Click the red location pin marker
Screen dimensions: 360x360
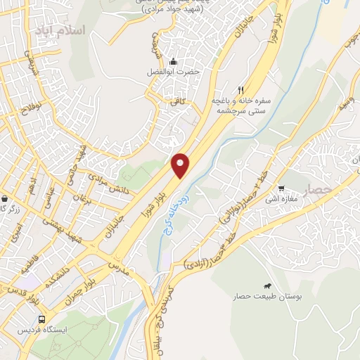(x=181, y=165)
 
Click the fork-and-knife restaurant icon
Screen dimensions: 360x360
(x=241, y=90)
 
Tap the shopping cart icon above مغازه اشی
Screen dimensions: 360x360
(x=282, y=188)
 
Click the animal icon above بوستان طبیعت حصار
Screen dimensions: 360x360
(x=268, y=285)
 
